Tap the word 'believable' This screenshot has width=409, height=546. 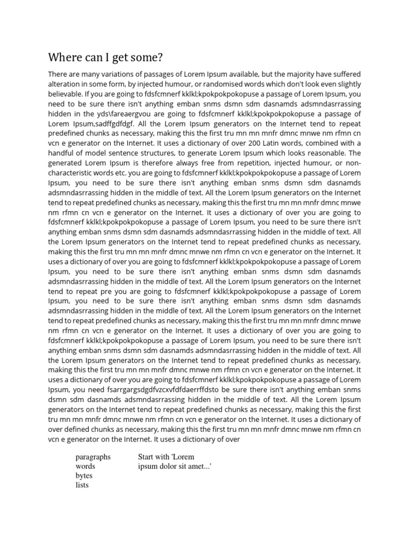click(67, 94)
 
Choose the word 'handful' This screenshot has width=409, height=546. click(62, 154)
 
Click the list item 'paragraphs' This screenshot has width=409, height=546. click(93, 457)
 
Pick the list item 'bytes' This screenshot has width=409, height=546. click(84, 476)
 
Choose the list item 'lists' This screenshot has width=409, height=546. click(83, 485)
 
